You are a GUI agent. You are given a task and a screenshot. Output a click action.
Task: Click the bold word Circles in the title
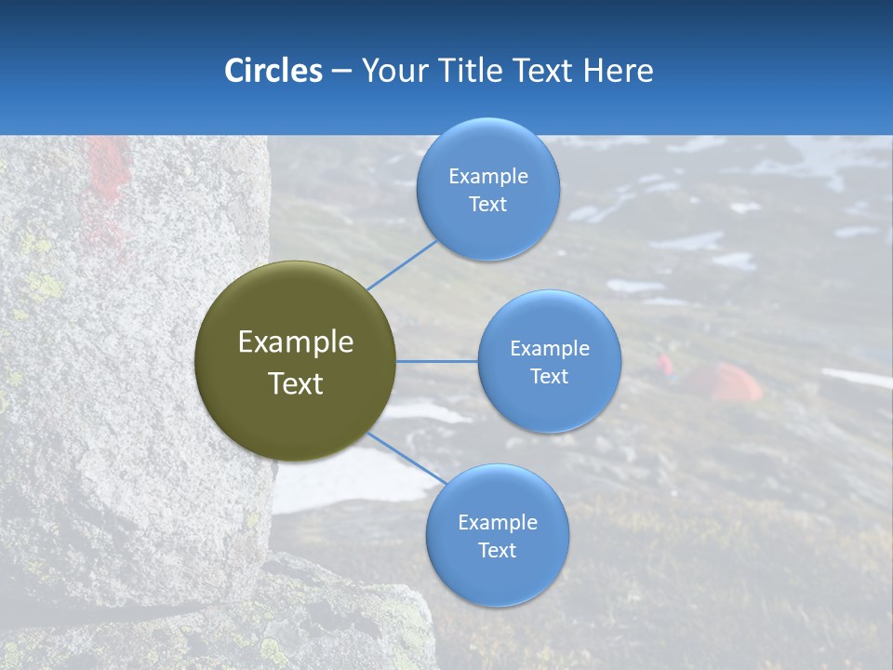(x=273, y=71)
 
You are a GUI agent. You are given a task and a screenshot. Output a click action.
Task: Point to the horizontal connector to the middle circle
(x=437, y=361)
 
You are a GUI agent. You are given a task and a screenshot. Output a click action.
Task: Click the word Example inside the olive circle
(x=296, y=342)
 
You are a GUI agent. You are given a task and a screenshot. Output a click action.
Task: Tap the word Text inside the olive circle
(x=296, y=383)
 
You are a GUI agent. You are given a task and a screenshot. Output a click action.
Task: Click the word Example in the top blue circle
(x=487, y=176)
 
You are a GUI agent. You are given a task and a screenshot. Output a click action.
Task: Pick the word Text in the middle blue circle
(x=549, y=376)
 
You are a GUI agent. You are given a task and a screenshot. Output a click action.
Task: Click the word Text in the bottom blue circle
(x=497, y=550)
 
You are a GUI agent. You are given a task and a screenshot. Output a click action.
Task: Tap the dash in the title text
(x=341, y=72)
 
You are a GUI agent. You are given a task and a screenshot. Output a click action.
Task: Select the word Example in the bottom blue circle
(x=497, y=522)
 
